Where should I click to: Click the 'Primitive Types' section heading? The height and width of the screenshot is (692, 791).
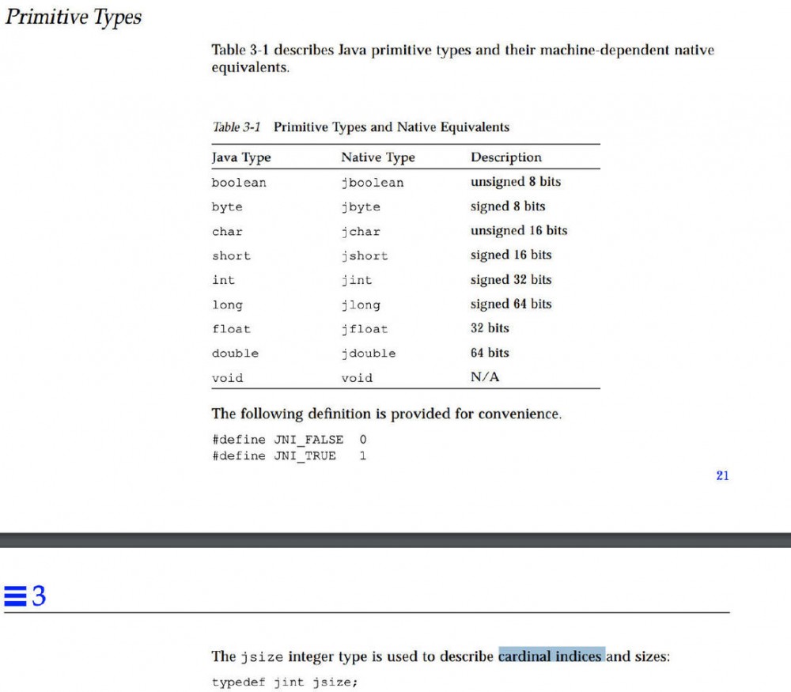click(x=73, y=17)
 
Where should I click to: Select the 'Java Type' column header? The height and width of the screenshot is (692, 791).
click(x=241, y=157)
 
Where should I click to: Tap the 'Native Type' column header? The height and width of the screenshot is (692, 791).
click(x=377, y=157)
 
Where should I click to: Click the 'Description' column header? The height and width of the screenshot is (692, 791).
click(x=506, y=157)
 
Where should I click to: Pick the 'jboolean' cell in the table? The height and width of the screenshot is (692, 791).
click(x=372, y=183)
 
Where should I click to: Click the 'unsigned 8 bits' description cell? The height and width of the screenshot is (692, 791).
click(x=515, y=182)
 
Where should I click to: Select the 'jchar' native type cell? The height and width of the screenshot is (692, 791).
click(x=360, y=232)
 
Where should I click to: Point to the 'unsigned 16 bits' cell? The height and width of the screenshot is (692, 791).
click(x=518, y=231)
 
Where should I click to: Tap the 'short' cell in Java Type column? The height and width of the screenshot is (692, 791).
click(x=231, y=256)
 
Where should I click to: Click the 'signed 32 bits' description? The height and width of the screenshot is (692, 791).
click(x=511, y=280)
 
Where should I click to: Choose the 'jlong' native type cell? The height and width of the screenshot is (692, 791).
click(x=360, y=305)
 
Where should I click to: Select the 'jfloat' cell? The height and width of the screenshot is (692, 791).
click(x=364, y=329)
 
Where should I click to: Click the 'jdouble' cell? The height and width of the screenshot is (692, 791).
click(x=368, y=354)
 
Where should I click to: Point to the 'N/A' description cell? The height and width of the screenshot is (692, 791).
click(x=485, y=377)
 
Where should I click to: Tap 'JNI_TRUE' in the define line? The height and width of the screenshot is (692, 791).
click(x=305, y=456)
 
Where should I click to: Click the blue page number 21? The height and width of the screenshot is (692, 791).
click(x=722, y=475)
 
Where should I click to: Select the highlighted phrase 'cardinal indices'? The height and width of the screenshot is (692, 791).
click(x=551, y=656)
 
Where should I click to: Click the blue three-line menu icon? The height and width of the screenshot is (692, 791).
click(x=14, y=596)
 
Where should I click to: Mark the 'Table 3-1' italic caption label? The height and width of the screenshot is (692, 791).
click(x=237, y=127)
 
